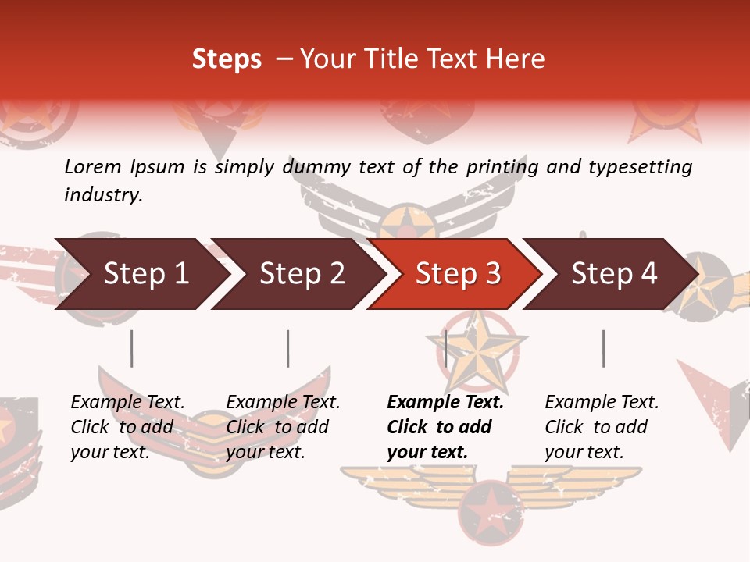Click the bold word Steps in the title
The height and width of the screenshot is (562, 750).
point(227,59)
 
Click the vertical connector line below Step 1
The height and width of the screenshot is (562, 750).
point(131,348)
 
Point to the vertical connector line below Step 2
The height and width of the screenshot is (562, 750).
point(288,348)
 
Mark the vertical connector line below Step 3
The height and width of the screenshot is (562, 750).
point(445,348)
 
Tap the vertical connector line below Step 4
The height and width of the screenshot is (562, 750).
point(603,348)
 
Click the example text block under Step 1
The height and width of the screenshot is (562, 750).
point(127,427)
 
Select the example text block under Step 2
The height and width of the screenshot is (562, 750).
point(283,427)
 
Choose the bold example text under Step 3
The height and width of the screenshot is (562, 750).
point(445,427)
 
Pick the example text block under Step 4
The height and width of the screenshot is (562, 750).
point(602,427)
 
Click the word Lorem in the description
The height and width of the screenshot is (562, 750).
point(93,166)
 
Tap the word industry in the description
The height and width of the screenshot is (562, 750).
point(103,195)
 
